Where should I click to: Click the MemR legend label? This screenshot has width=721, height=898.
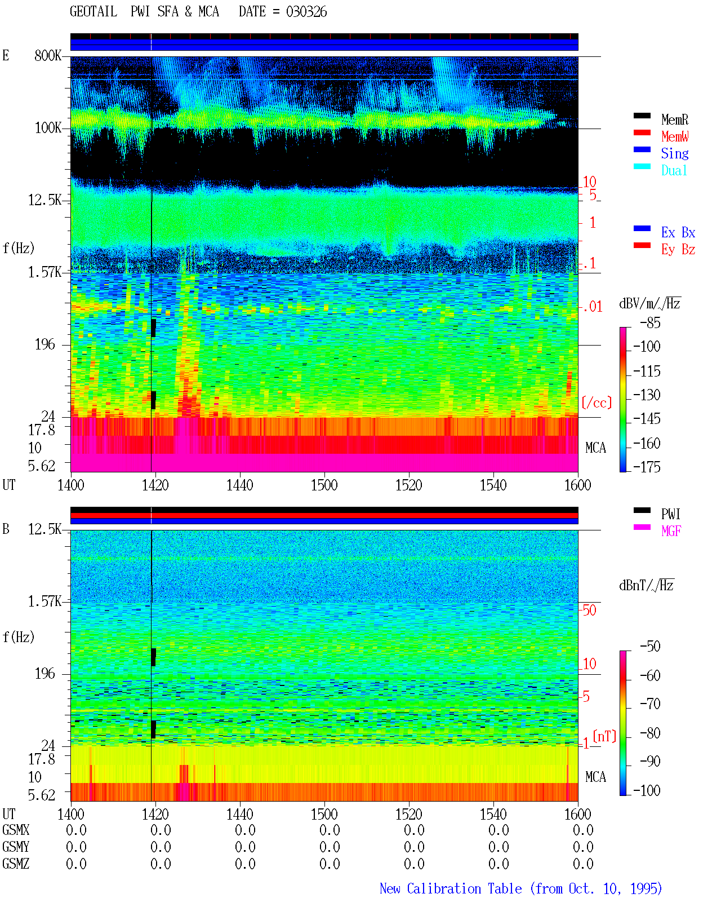click(x=674, y=120)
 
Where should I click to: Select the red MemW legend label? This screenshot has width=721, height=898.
click(x=674, y=136)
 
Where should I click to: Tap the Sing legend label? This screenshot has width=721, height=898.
click(x=674, y=153)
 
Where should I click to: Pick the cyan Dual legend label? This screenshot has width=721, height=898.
click(x=674, y=170)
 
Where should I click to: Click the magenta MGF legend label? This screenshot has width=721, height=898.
click(x=671, y=531)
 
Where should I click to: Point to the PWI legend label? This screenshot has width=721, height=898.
click(x=670, y=514)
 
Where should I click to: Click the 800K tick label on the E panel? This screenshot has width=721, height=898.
click(x=48, y=55)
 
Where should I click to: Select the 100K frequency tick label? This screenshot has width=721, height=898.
click(x=48, y=128)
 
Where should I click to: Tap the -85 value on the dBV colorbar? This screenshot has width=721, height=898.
click(x=650, y=322)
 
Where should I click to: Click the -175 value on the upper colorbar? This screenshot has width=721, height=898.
click(x=647, y=467)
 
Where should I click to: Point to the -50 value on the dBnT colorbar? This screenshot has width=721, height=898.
click(x=650, y=647)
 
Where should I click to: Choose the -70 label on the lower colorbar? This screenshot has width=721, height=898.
click(x=650, y=704)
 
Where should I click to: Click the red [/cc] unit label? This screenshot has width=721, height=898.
click(x=597, y=402)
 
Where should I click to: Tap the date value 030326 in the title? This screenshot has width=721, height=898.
click(x=306, y=12)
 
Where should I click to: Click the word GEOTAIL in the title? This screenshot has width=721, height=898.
click(x=94, y=12)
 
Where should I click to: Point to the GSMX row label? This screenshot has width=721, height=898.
click(x=16, y=830)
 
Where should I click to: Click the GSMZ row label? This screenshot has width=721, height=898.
click(x=16, y=864)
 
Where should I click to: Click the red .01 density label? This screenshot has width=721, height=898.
click(x=593, y=307)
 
